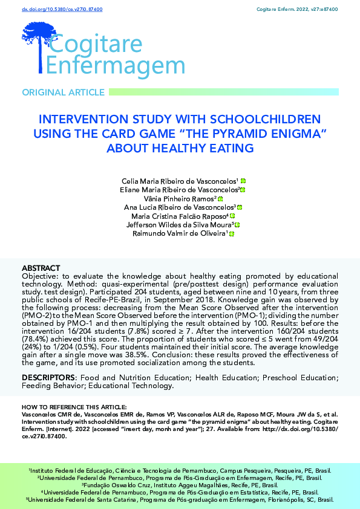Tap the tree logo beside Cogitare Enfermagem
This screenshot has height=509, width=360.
click(38, 44)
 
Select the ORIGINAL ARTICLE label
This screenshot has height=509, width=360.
click(63, 92)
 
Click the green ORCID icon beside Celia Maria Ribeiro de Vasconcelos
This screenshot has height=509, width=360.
click(243, 181)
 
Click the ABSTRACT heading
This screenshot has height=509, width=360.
click(41, 267)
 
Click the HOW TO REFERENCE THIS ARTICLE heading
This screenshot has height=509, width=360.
click(74, 406)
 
